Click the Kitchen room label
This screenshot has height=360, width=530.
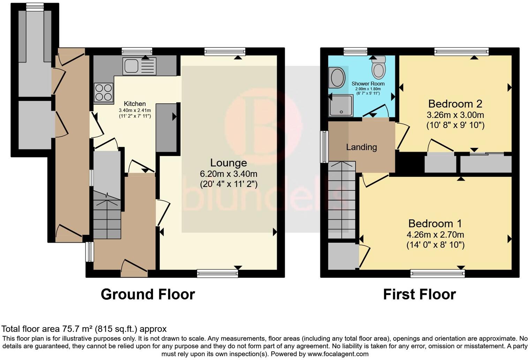(135, 104)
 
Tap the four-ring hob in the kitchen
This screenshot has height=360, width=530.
(103, 92)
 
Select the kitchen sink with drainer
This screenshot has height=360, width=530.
(139, 66)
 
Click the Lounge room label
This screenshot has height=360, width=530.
(228, 163)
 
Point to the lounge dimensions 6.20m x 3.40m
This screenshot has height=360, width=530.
(228, 174)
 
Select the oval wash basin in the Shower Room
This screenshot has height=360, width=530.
(337, 77)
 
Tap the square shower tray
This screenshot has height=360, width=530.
(341, 106)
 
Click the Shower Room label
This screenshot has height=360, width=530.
(368, 84)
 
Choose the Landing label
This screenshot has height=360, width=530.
(361, 147)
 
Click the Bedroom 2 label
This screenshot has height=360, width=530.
(455, 104)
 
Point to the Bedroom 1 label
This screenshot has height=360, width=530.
(435, 223)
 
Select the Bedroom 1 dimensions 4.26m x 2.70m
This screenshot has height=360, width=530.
(435, 235)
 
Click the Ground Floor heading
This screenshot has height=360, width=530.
(147, 294)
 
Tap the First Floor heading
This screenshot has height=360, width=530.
(419, 294)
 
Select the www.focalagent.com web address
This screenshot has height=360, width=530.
(337, 354)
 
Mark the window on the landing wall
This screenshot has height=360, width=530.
(324, 147)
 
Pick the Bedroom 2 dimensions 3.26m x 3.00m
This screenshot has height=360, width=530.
(455, 115)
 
